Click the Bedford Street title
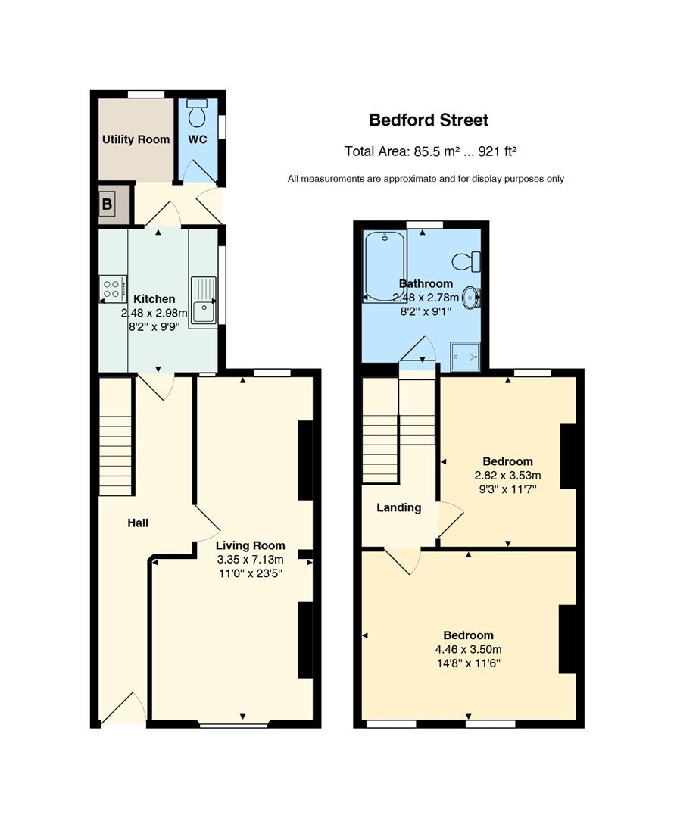point(429,120)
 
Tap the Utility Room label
point(136,139)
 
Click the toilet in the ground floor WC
point(197,113)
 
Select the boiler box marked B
point(114,204)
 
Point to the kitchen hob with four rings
point(113,289)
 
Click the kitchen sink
point(204,301)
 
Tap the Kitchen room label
point(154,299)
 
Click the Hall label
point(138,523)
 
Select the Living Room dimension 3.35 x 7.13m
point(251,560)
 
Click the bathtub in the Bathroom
point(385,266)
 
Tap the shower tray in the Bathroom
point(465,356)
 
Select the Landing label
point(399,507)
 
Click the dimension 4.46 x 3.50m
point(469,650)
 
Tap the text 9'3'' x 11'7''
point(508,489)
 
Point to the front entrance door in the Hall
point(123,709)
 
